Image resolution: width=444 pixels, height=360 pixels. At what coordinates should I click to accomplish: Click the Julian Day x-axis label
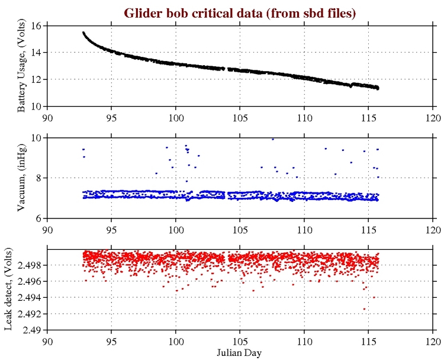pyautogui.click(x=240, y=352)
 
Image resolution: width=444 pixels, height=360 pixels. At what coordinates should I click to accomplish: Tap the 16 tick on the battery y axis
pyautogui.click(x=36, y=26)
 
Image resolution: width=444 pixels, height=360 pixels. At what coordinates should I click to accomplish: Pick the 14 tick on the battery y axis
pyautogui.click(x=36, y=53)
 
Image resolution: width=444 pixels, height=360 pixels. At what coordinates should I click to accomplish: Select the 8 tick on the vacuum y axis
pyautogui.click(x=39, y=178)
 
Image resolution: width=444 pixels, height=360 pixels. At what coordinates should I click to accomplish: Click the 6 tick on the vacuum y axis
pyautogui.click(x=39, y=218)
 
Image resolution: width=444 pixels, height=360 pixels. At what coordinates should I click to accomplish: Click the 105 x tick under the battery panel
pyautogui.click(x=240, y=117)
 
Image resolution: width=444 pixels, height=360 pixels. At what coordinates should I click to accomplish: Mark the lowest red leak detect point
pyautogui.click(x=364, y=309)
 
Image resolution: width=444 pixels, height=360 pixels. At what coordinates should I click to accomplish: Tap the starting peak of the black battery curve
pyautogui.click(x=83, y=33)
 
